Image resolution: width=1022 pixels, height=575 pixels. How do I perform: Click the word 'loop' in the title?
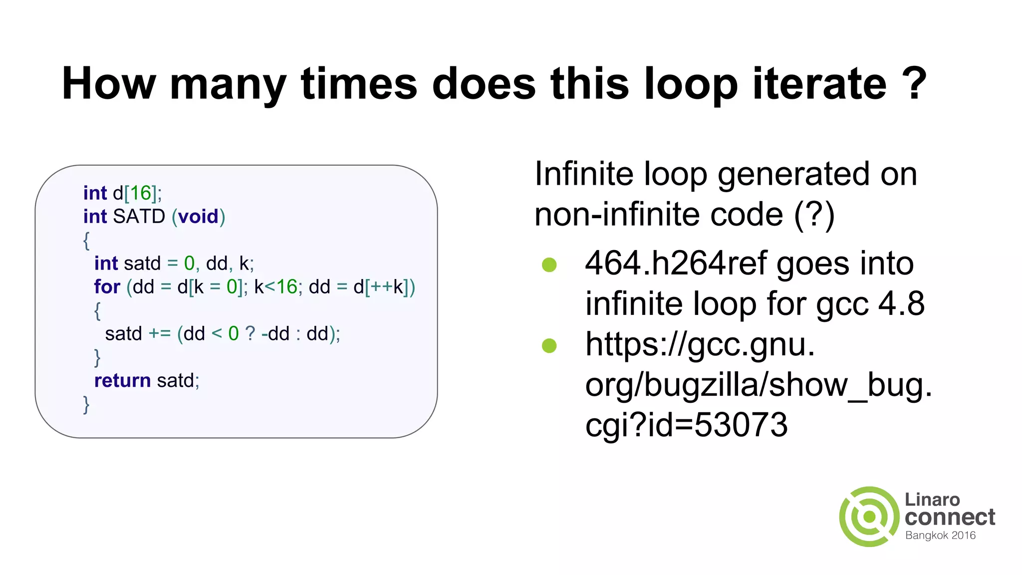pyautogui.click(x=691, y=84)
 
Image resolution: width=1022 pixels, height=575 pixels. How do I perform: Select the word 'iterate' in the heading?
pyautogui.click(x=819, y=84)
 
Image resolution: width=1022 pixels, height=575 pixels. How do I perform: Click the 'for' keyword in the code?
pyautogui.click(x=107, y=287)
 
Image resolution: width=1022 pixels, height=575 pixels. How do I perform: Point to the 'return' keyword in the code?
pyautogui.click(x=122, y=381)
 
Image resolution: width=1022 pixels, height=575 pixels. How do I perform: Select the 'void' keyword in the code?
pyautogui.click(x=198, y=217)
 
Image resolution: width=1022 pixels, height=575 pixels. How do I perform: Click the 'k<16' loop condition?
pyautogui.click(x=275, y=287)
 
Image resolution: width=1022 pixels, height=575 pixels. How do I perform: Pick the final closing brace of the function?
pyautogui.click(x=86, y=404)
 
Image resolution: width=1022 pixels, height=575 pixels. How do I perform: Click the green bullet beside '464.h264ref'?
pyautogui.click(x=549, y=265)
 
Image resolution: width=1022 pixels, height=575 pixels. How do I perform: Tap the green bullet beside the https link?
pyautogui.click(x=549, y=345)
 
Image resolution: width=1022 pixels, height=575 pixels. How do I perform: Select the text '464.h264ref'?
pyautogui.click(x=676, y=264)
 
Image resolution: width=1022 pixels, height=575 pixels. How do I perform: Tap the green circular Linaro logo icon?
pyautogui.click(x=869, y=517)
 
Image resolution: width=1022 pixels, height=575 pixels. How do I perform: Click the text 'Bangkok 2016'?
pyautogui.click(x=940, y=536)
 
